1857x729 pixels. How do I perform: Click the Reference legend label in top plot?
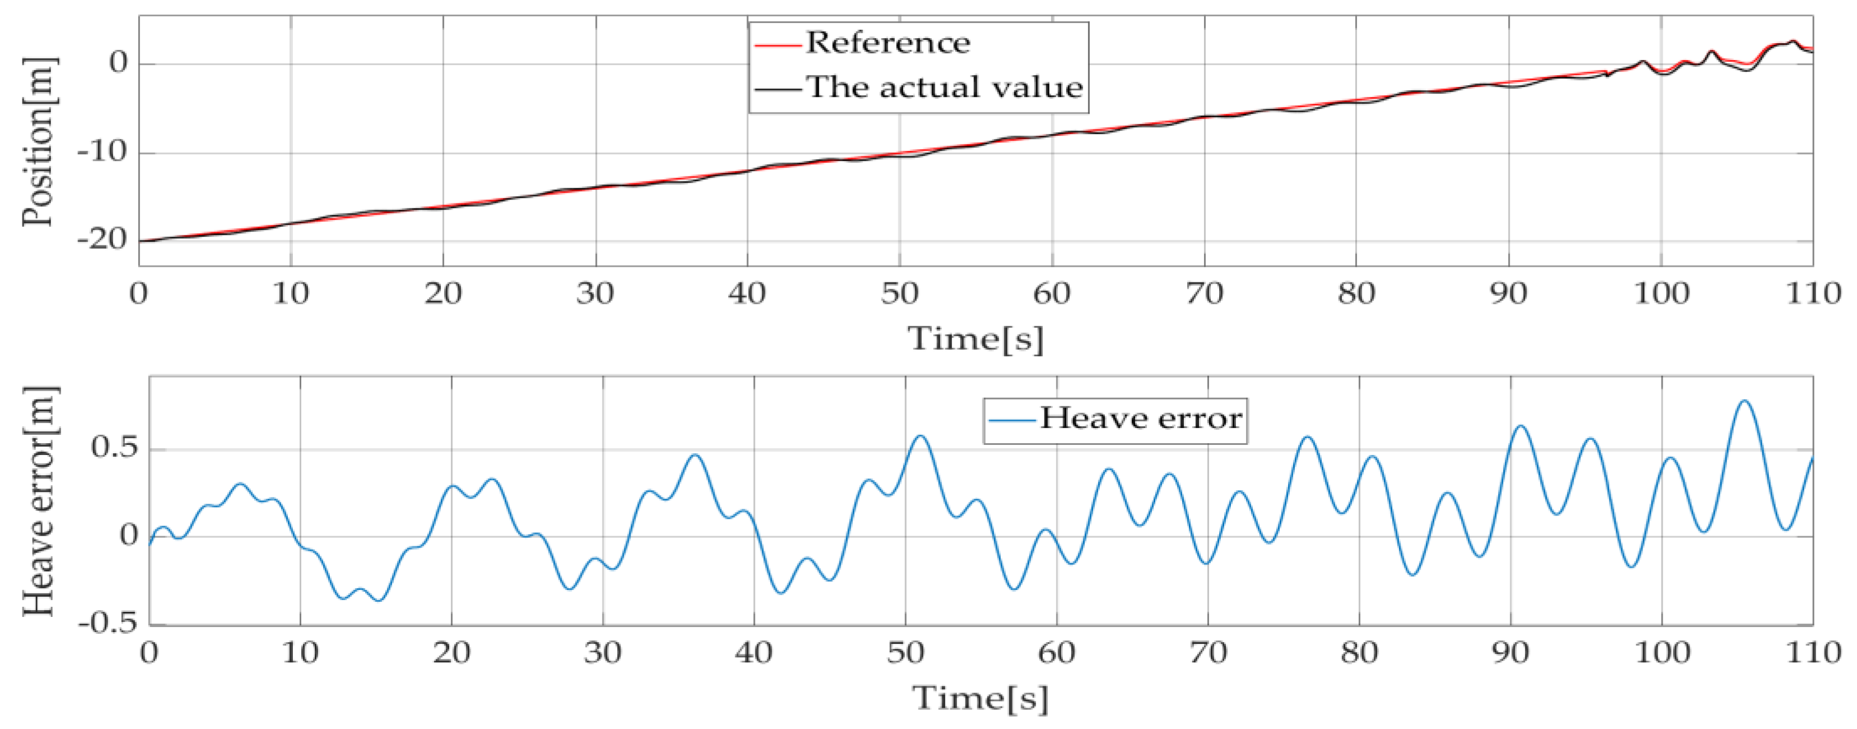click(888, 43)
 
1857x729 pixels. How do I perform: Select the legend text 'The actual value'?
click(944, 87)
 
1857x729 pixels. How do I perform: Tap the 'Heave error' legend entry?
click(1140, 418)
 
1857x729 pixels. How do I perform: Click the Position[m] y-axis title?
click(38, 142)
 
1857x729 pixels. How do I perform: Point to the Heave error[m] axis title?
click(38, 501)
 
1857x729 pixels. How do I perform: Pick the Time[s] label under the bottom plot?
click(981, 697)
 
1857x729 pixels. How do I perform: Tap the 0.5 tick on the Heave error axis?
click(114, 448)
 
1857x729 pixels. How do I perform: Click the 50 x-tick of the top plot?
click(900, 294)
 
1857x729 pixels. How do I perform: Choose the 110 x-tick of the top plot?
click(1812, 294)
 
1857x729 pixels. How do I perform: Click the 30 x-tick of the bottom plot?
click(603, 653)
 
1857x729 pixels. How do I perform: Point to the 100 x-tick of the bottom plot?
click(1661, 653)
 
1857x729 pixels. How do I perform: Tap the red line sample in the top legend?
click(778, 45)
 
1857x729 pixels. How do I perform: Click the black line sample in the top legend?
click(778, 89)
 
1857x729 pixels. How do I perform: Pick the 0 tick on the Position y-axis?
click(118, 63)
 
